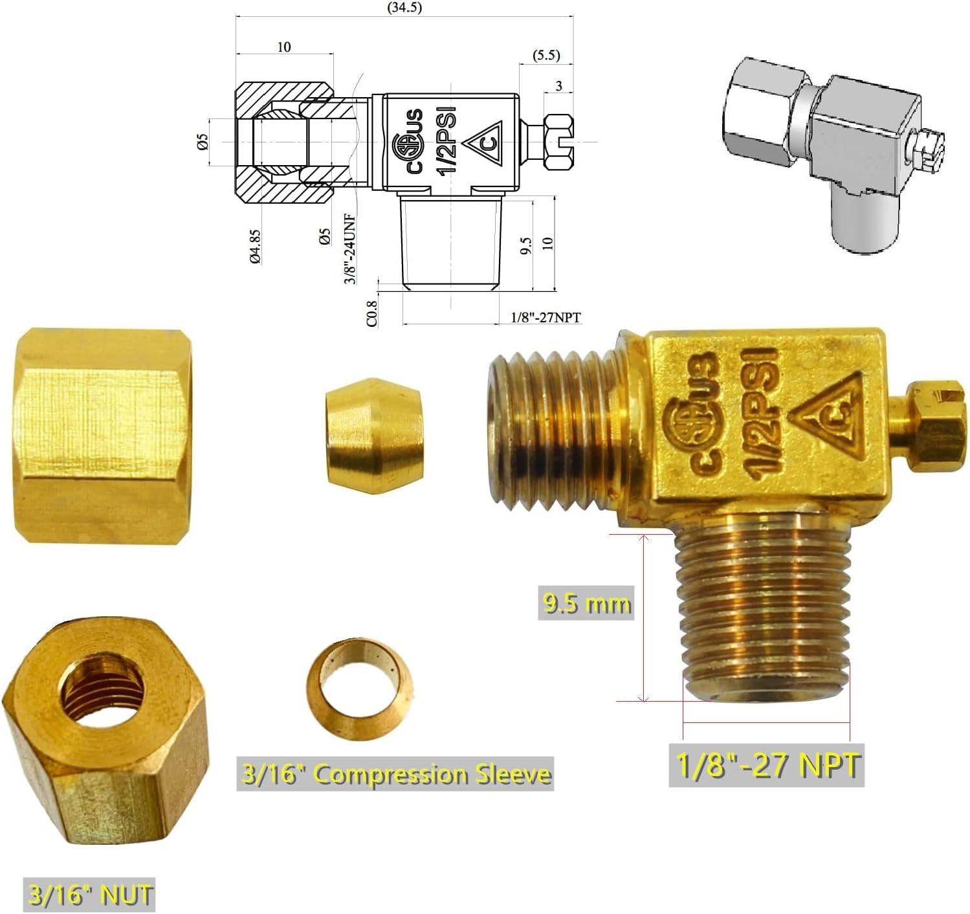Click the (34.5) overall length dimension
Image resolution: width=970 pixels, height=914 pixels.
coord(404,8)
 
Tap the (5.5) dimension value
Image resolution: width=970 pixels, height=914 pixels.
coord(546,55)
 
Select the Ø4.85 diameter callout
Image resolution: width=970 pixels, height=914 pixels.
coord(256,247)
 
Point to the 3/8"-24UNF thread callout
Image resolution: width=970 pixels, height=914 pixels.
coord(350,249)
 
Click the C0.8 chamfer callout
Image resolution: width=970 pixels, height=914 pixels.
coord(371,313)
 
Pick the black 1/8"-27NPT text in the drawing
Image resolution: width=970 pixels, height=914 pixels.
coord(546,318)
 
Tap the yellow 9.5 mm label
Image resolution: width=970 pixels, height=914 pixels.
coord(586,603)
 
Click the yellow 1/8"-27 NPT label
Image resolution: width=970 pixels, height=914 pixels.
coord(766,765)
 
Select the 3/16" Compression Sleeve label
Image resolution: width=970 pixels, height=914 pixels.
coord(395,774)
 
